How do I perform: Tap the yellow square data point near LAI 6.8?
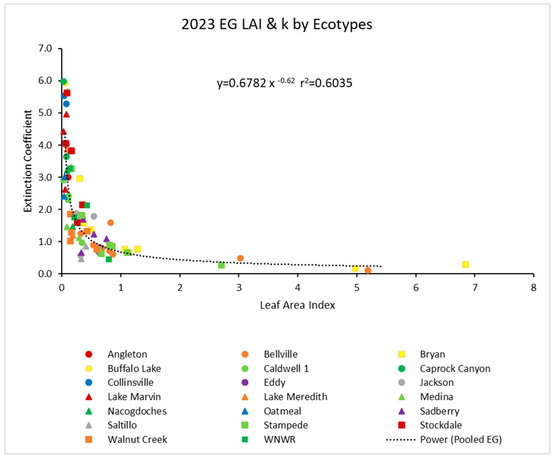[465, 264]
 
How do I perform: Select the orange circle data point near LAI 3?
[240, 258]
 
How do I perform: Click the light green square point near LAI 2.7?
[221, 265]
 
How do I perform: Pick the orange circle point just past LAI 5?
[368, 270]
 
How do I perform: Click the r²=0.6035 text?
[326, 83]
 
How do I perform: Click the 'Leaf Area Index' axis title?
[297, 305]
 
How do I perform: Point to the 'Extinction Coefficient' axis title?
[28, 161]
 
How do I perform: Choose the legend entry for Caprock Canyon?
[455, 368]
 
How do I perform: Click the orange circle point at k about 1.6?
[111, 223]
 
